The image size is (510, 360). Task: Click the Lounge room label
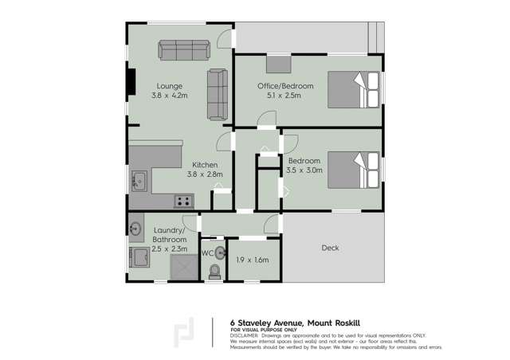(169, 86)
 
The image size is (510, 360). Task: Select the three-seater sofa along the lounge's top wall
(182, 50)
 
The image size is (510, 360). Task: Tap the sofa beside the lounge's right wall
(217, 94)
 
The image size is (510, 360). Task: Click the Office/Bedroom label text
(284, 86)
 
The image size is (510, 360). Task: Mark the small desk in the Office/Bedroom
(278, 63)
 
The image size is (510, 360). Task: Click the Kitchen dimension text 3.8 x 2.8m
(205, 174)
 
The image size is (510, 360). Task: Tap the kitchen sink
(138, 181)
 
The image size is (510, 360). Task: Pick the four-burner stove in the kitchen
(184, 202)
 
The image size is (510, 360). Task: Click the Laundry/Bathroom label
(169, 235)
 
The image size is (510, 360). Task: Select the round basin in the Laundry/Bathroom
(135, 229)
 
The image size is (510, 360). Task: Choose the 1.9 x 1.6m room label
(253, 260)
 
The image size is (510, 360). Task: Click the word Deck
(330, 248)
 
